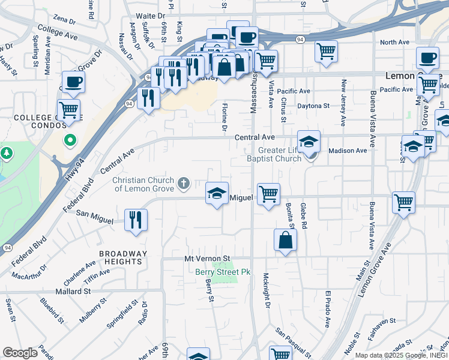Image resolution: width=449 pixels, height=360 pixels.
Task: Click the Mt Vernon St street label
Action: pyautogui.click(x=207, y=258)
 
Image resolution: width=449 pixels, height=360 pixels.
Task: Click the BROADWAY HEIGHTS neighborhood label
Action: pyautogui.click(x=122, y=258)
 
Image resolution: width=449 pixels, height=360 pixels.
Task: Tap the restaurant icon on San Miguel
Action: pyautogui.click(x=136, y=220)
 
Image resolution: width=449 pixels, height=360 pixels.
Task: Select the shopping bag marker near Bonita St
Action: pyautogui.click(x=285, y=240)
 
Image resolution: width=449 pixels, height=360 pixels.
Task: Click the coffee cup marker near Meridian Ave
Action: pyautogui.click(x=73, y=82)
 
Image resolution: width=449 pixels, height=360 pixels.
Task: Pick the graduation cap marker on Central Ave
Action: pyautogui.click(x=309, y=142)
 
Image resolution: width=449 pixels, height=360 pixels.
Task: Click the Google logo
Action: pyautogui.click(x=20, y=353)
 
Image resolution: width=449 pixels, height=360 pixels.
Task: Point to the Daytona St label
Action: pyautogui.click(x=313, y=106)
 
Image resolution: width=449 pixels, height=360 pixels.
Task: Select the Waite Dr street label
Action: pyautogui.click(x=151, y=14)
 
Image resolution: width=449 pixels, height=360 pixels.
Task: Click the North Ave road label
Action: pyautogui.click(x=394, y=43)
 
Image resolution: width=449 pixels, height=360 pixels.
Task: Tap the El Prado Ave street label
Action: pyautogui.click(x=328, y=310)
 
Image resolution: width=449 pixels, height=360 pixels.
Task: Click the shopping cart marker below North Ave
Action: pyautogui.click(x=326, y=51)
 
